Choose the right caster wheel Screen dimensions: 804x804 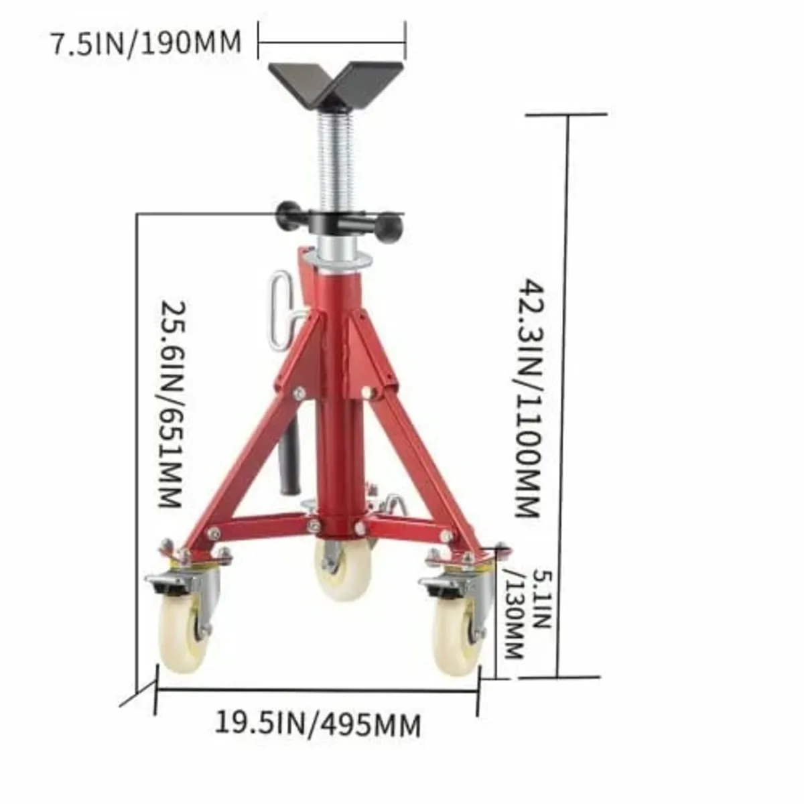point(456,626)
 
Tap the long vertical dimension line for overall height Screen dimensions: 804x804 point(569,395)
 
